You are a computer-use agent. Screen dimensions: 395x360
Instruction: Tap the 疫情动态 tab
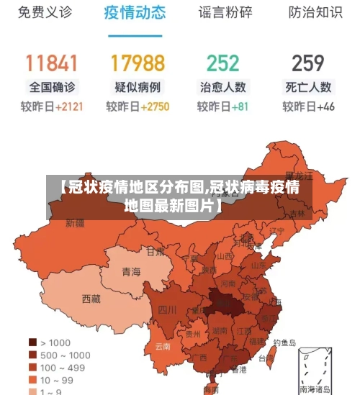tap(135, 13)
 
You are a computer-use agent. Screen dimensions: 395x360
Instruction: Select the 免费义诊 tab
tap(45, 13)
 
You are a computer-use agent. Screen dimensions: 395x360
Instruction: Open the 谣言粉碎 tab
tap(225, 13)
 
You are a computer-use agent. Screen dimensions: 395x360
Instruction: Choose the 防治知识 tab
tap(315, 13)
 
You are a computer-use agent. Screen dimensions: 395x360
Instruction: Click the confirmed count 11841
tap(52, 63)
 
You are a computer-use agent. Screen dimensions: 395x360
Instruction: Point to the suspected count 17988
tap(138, 63)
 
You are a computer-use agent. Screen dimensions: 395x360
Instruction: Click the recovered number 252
tap(222, 63)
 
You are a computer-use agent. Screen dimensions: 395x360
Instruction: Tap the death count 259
tap(308, 63)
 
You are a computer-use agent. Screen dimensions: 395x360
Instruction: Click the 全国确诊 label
tap(52, 87)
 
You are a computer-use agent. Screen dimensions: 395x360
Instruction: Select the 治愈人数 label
tap(222, 87)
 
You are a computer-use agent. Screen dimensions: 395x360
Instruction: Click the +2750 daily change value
tap(155, 106)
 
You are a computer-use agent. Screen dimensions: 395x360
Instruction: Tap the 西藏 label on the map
tap(91, 298)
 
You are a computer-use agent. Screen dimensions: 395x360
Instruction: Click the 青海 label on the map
tap(131, 272)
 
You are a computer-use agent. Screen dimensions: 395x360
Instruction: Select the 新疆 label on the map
tap(75, 223)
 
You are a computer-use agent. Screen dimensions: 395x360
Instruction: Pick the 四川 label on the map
tap(167, 310)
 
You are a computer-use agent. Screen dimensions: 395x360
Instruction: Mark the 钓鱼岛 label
tap(284, 343)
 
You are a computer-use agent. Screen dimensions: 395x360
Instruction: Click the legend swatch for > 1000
tap(32, 342)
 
